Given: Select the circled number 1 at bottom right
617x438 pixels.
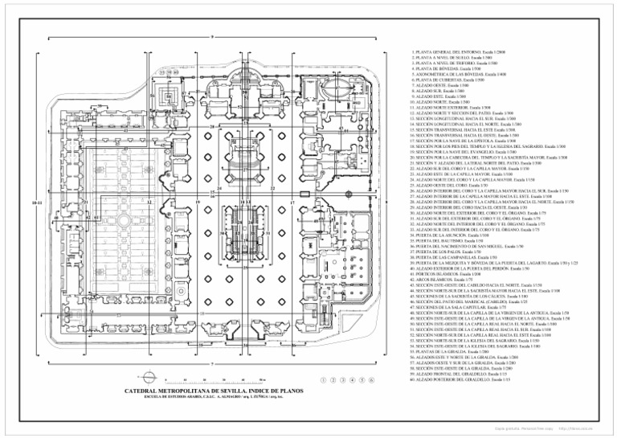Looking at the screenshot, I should (x=322, y=379).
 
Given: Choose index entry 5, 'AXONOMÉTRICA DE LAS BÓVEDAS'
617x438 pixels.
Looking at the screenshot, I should (x=451, y=74).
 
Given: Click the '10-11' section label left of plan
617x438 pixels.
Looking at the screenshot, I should (x=37, y=204).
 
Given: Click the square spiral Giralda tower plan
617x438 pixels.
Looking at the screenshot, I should (x=170, y=99).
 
